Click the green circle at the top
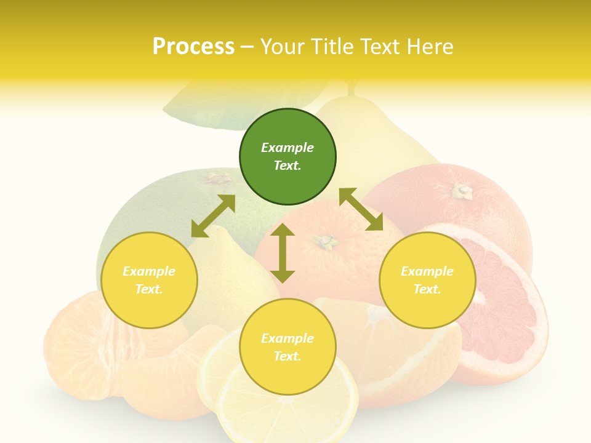click(287, 156)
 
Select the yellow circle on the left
click(149, 280)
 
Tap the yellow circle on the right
click(427, 280)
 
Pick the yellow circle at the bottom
click(287, 347)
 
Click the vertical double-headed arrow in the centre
click(283, 253)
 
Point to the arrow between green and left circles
click(213, 216)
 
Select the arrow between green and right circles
click(361, 209)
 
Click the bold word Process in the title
click(193, 46)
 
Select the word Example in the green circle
click(287, 148)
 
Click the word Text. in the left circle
click(149, 289)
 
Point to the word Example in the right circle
click(427, 271)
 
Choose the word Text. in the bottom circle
click(287, 356)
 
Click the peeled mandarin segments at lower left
click(80, 351)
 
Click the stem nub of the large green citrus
click(216, 178)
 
